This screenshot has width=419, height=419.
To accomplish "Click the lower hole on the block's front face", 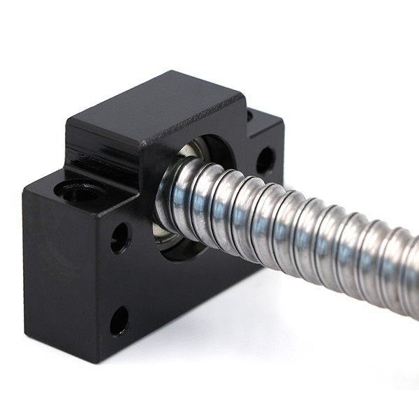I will pyautogui.click(x=119, y=321).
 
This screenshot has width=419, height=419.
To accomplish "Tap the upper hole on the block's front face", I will pyautogui.click(x=120, y=237).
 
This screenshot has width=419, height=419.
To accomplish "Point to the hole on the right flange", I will pyautogui.click(x=265, y=161).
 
